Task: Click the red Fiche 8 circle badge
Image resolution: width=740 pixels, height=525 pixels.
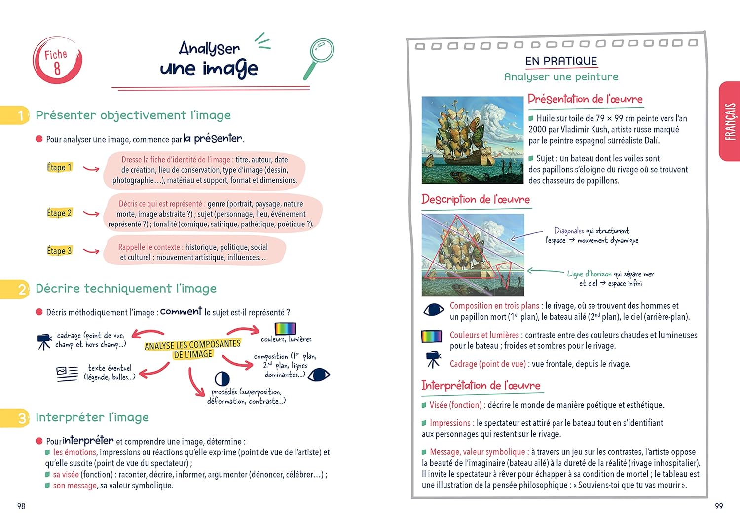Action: pyautogui.click(x=57, y=60)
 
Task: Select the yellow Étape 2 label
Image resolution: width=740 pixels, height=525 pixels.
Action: pyautogui.click(x=59, y=213)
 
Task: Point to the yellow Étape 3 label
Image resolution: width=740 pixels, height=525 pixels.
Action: pyautogui.click(x=59, y=251)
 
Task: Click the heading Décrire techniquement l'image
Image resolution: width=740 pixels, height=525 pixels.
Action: pyautogui.click(x=126, y=288)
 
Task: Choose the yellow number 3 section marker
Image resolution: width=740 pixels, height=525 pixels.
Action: pyautogui.click(x=21, y=417)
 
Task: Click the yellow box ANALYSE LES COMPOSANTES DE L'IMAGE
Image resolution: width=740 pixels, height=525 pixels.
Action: pyautogui.click(x=192, y=349)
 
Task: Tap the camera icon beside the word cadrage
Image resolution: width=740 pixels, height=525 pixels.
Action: pyautogui.click(x=44, y=340)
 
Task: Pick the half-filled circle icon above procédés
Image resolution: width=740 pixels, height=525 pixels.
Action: pyautogui.click(x=222, y=378)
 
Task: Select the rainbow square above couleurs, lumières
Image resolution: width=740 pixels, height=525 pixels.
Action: pyautogui.click(x=285, y=329)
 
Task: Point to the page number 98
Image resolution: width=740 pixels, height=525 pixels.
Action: pyautogui.click(x=21, y=506)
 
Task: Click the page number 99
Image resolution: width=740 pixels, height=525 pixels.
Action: pyautogui.click(x=719, y=506)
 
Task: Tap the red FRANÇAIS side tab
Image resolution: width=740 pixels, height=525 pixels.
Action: pyautogui.click(x=730, y=121)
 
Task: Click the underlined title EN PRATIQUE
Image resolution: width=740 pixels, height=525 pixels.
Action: pyautogui.click(x=561, y=61)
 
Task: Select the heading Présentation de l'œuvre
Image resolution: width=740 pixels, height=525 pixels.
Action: pyautogui.click(x=585, y=99)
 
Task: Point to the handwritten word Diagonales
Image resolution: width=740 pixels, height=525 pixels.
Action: pyautogui.click(x=569, y=231)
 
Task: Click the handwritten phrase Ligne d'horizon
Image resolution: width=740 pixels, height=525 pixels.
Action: pyautogui.click(x=589, y=274)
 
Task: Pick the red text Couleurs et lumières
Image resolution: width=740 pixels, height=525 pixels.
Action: pyautogui.click(x=484, y=335)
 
